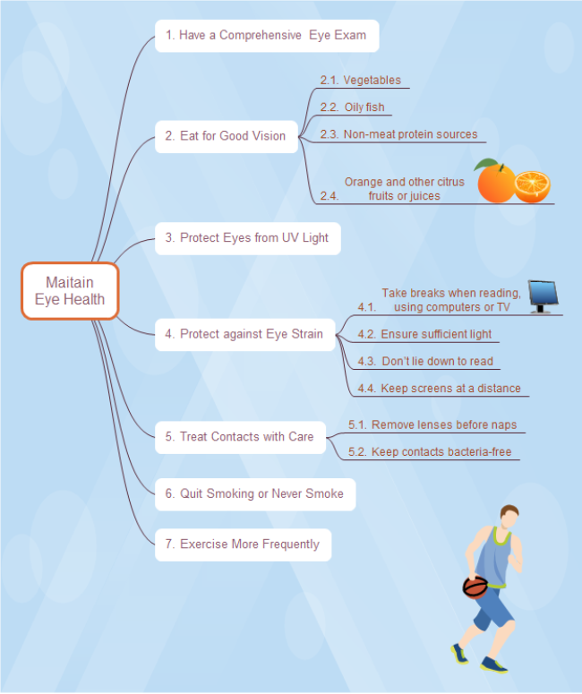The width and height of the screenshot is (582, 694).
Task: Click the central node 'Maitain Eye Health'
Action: click(70, 291)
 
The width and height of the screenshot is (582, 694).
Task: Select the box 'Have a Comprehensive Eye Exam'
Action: click(266, 36)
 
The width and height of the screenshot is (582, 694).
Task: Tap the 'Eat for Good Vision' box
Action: click(226, 136)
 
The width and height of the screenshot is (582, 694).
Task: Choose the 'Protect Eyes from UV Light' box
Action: click(247, 238)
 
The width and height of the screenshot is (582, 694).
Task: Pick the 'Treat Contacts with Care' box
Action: click(239, 436)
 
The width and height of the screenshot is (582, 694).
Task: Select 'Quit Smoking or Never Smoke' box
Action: click(254, 493)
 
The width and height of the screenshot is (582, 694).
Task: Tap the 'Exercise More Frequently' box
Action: click(243, 544)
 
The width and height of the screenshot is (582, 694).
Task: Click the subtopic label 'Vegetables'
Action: click(372, 81)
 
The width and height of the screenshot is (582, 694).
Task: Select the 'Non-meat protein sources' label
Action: click(410, 134)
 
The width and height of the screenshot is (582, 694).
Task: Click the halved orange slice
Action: click(532, 186)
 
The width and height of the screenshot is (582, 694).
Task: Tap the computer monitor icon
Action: click(543, 296)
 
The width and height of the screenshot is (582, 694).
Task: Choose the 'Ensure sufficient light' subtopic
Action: click(435, 334)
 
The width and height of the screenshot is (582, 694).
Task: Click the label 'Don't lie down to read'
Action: click(437, 361)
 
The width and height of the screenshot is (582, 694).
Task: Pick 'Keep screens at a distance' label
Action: click(450, 389)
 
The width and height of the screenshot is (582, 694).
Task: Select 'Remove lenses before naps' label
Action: click(443, 424)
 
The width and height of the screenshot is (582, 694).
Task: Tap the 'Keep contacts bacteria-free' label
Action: click(441, 452)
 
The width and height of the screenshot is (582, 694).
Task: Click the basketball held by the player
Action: click(475, 587)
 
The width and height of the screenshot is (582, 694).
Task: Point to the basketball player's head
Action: click(509, 517)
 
